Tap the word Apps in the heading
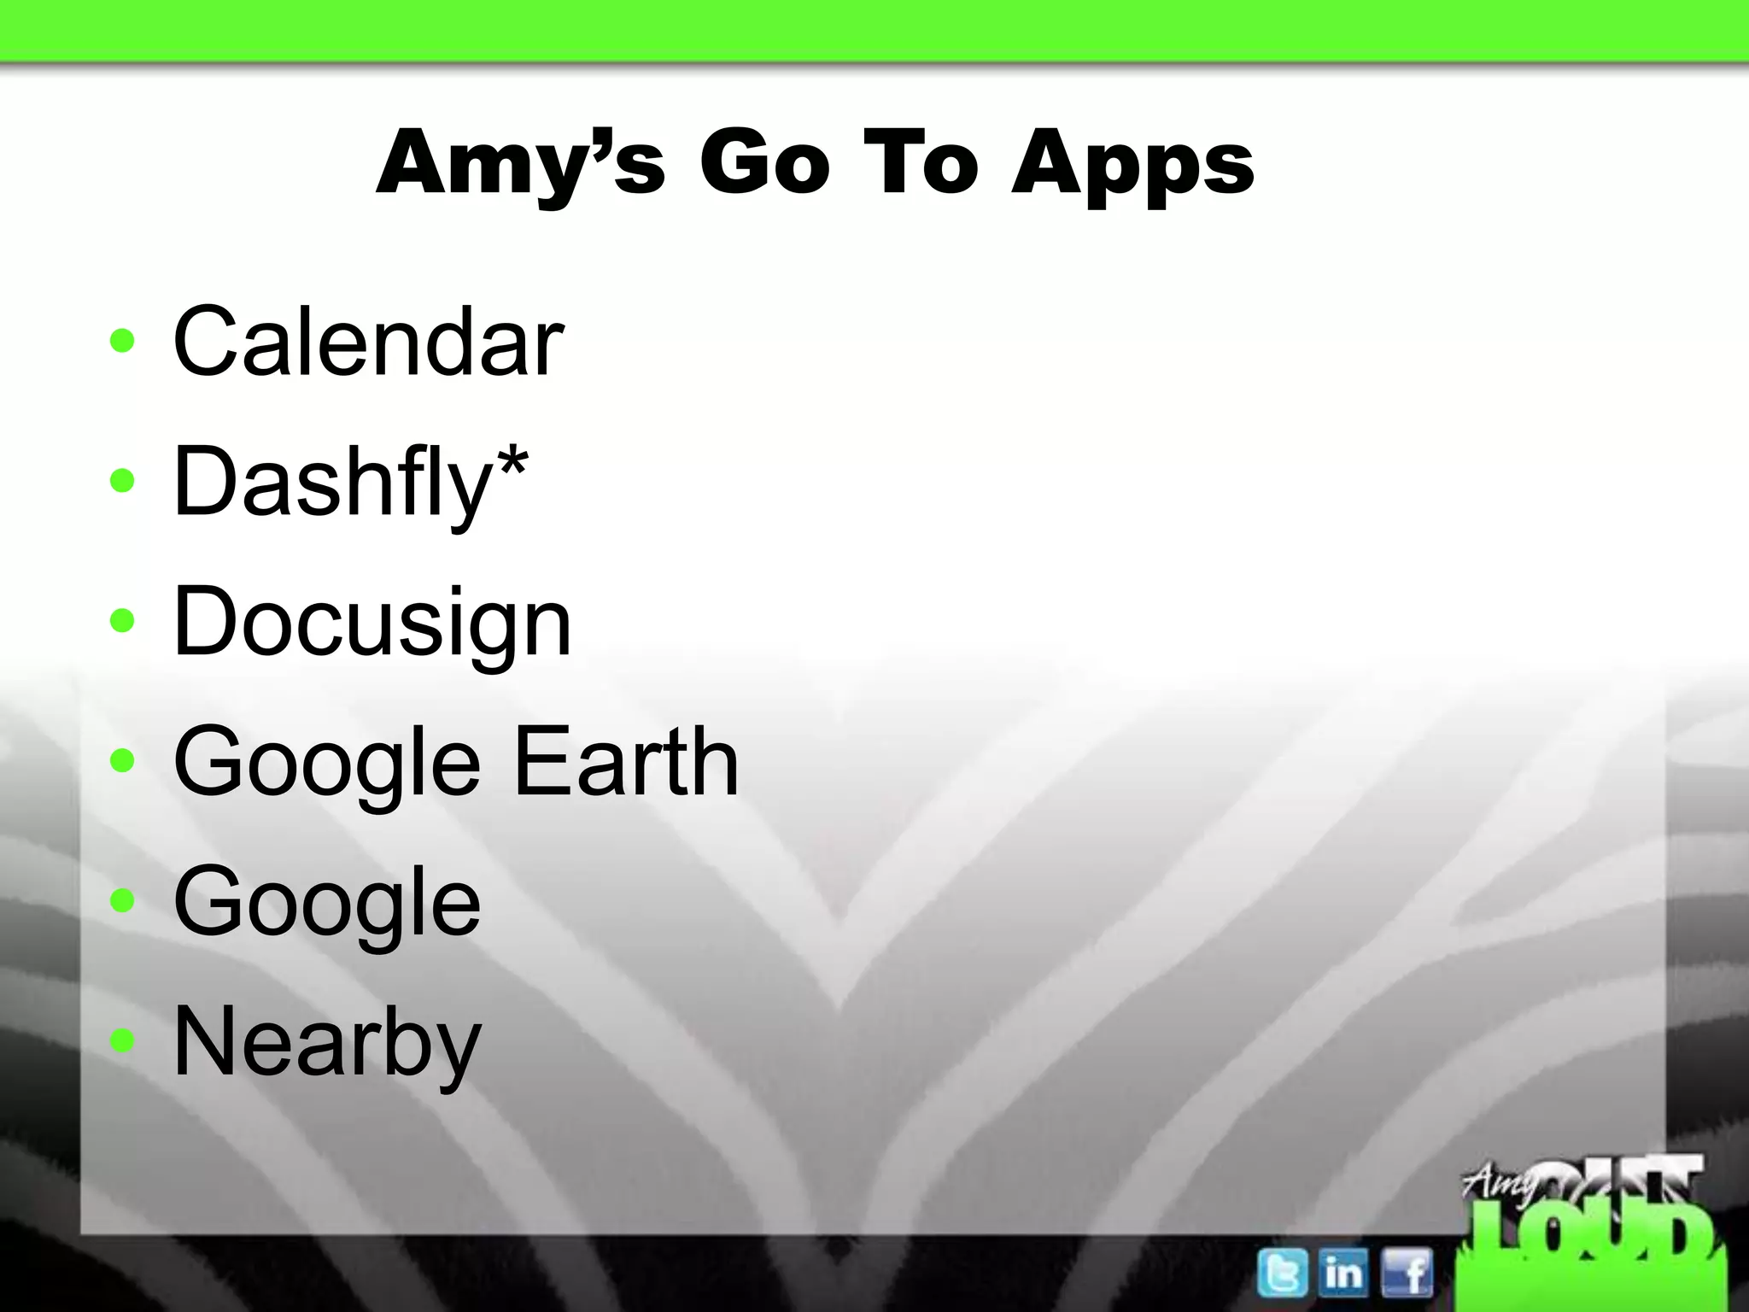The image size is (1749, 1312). [x=1133, y=164]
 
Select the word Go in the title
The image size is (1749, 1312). [x=764, y=162]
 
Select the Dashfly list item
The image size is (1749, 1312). [x=333, y=482]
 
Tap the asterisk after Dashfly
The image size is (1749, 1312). [x=512, y=466]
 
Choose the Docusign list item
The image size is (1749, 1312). [x=371, y=623]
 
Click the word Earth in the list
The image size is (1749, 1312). [x=626, y=761]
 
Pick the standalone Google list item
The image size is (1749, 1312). [x=327, y=902]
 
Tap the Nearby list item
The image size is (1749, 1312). [x=327, y=1042]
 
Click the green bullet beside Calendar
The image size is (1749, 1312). [x=123, y=342]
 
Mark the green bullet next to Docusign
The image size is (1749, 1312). [x=123, y=621]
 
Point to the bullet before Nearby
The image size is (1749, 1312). [x=123, y=1040]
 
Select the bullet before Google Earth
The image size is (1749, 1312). [x=123, y=760]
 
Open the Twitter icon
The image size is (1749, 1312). [x=1282, y=1272]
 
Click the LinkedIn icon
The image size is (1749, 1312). [x=1343, y=1272]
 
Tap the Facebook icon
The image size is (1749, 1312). [x=1407, y=1272]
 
